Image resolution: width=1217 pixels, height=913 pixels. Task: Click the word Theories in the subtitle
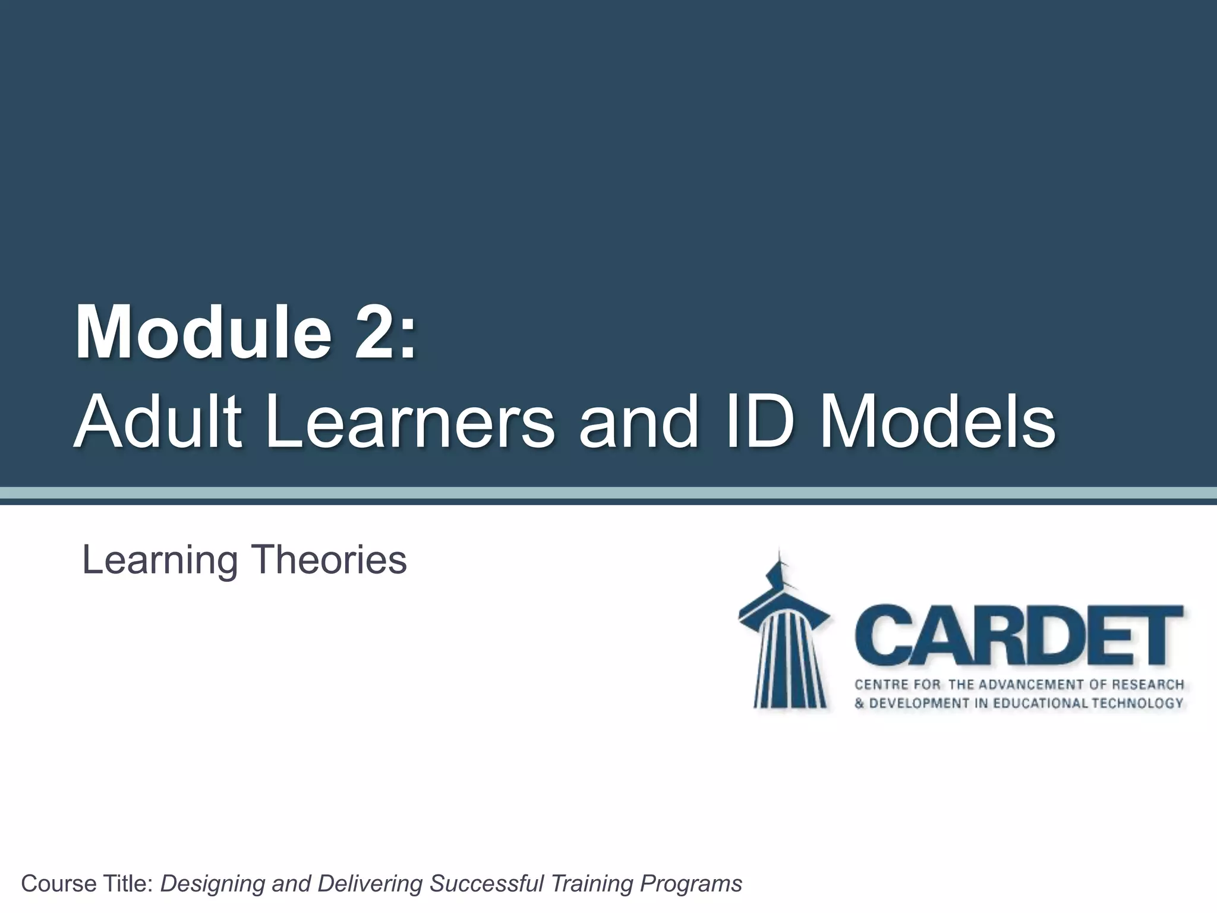click(330, 560)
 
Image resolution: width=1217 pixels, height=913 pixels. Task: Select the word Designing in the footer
click(212, 884)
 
